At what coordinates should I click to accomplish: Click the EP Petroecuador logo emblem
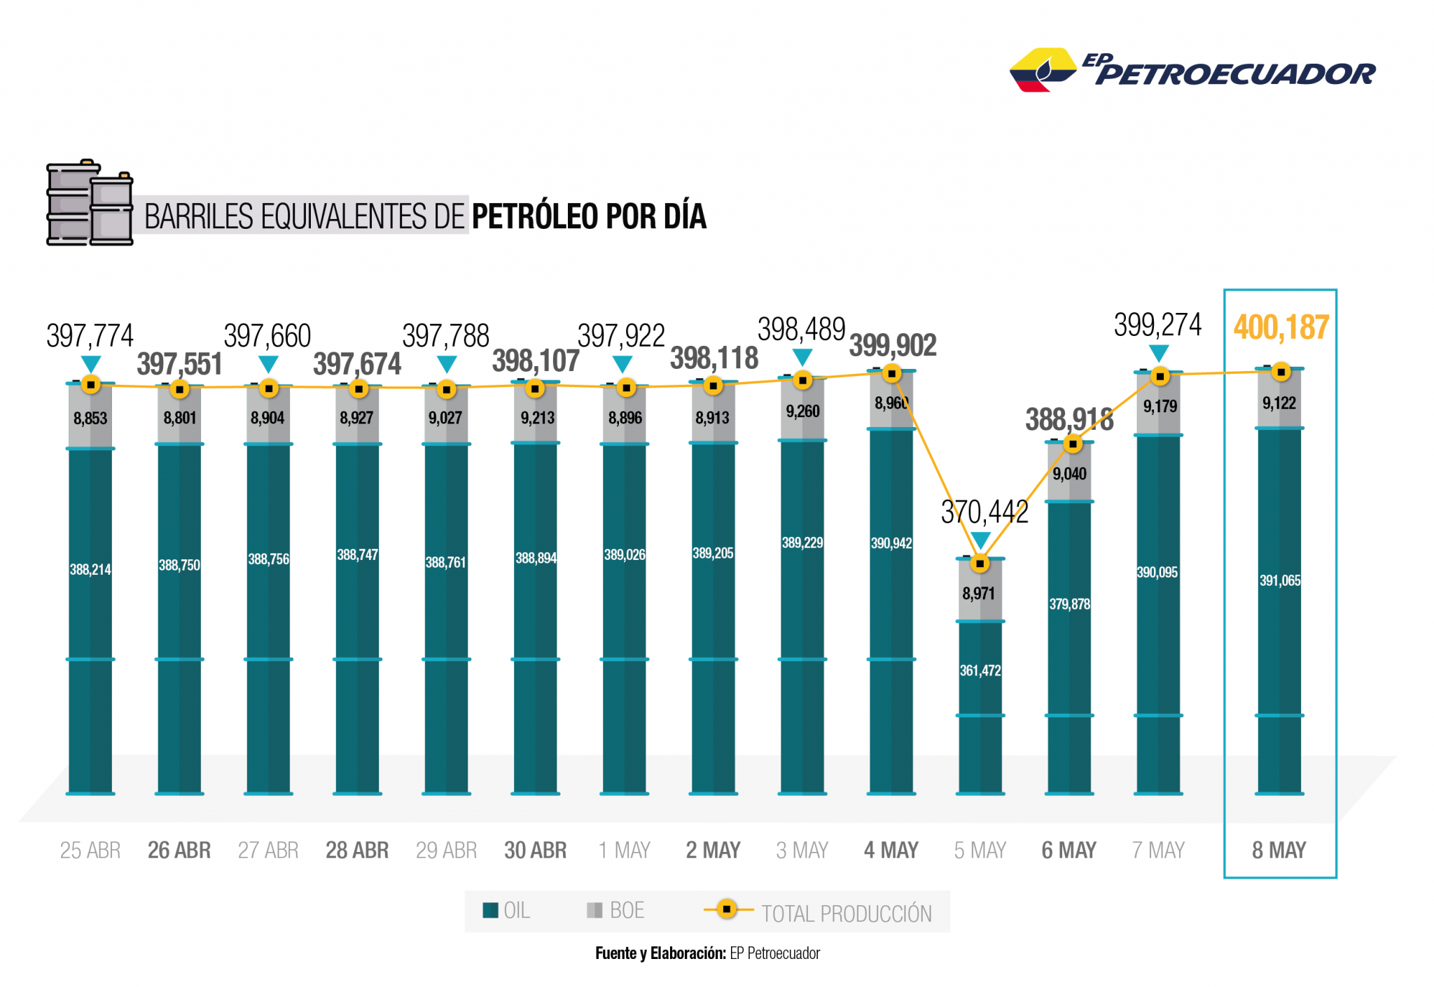1043,70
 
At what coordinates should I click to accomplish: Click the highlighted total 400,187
1281,328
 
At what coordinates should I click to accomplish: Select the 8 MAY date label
1279,850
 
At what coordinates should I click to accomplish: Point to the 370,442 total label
984,512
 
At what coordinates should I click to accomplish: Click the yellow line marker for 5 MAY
980,563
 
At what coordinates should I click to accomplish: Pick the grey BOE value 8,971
978,594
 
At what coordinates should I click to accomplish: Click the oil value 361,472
980,671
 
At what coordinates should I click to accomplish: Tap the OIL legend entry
506,911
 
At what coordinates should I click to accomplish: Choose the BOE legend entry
615,911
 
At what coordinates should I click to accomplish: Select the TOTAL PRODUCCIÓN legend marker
728,910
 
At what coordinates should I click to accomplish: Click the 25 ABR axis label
90,850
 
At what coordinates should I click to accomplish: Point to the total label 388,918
1069,420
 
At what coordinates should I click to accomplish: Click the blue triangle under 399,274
1159,352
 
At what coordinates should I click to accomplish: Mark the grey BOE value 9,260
802,412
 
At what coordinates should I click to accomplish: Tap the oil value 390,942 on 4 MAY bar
891,543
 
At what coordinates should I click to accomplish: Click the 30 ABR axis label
536,850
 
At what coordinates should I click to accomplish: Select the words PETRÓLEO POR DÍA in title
589,216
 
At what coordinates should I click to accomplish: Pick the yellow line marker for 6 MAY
1073,444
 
